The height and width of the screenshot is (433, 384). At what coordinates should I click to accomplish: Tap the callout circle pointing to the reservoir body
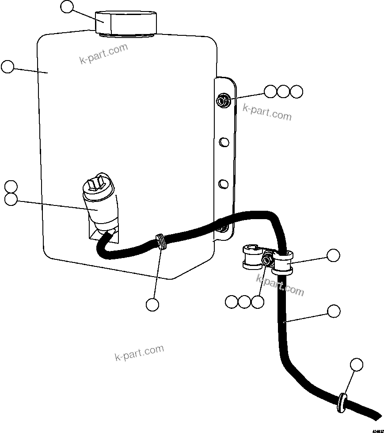(8, 67)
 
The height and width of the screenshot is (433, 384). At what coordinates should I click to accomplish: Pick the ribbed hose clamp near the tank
(162, 242)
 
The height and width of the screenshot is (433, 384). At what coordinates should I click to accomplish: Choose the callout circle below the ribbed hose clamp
(152, 304)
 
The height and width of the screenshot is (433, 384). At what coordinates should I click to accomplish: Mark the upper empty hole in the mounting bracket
(224, 142)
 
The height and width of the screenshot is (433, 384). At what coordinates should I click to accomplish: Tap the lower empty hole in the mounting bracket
(224, 182)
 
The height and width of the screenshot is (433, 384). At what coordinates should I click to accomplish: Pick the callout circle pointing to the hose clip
(333, 255)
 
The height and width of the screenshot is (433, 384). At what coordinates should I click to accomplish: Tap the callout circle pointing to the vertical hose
(334, 311)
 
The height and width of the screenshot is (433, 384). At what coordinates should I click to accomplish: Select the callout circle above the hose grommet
(357, 365)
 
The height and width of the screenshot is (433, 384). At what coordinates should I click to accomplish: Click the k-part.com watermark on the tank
(104, 53)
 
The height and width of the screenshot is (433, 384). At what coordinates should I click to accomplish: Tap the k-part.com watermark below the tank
(139, 353)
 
